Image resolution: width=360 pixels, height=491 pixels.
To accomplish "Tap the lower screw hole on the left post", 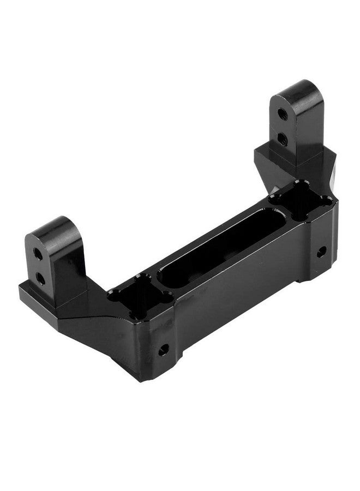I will tap(40, 278).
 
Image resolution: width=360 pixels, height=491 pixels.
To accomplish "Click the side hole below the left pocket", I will tap(163, 350).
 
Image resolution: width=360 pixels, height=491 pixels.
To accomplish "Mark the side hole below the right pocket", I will tap(321, 252).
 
